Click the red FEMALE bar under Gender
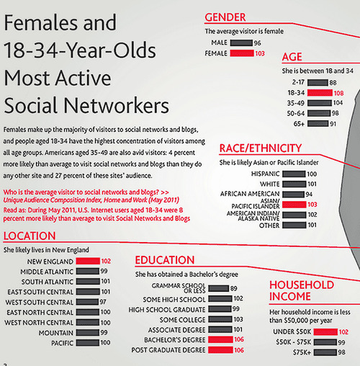(x=242, y=53)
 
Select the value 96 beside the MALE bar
(x=258, y=43)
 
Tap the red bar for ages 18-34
(x=320, y=93)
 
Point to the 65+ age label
(x=299, y=124)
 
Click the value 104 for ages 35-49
(x=338, y=103)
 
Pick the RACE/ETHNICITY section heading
(x=261, y=148)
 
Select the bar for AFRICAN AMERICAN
(x=293, y=194)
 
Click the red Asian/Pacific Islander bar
(x=294, y=205)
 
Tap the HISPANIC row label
(x=266, y=174)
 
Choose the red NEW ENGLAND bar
(x=88, y=261)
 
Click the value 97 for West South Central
(x=103, y=302)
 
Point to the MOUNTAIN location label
(x=56, y=333)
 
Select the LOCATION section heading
(x=30, y=236)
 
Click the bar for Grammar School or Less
(x=219, y=288)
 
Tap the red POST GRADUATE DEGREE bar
(x=220, y=350)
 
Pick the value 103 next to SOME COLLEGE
(x=238, y=319)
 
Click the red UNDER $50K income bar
(x=325, y=332)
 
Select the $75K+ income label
(x=302, y=352)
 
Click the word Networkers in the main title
(x=117, y=106)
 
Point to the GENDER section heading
(x=225, y=17)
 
